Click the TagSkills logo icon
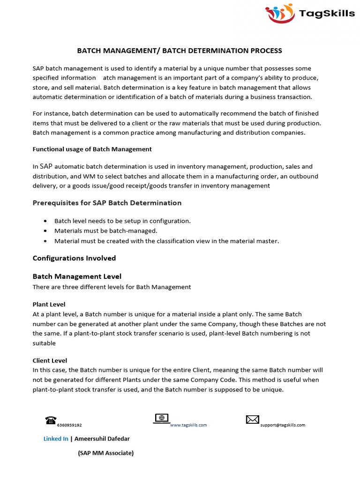click(x=280, y=13)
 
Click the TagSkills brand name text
click(x=327, y=14)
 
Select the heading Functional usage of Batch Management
click(x=92, y=149)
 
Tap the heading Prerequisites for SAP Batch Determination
click(x=107, y=203)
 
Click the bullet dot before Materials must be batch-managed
click(x=45, y=231)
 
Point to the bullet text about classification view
click(x=166, y=241)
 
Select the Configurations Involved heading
click(x=74, y=258)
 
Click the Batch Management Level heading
click(x=77, y=277)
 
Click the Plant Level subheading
click(x=49, y=305)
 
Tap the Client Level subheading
click(x=50, y=360)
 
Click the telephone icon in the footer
click(x=51, y=420)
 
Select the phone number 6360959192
click(x=69, y=425)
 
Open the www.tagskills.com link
click(x=188, y=425)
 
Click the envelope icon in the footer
click(x=253, y=420)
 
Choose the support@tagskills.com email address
click(x=283, y=425)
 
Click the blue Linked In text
click(x=56, y=439)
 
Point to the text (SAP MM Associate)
click(x=105, y=453)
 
